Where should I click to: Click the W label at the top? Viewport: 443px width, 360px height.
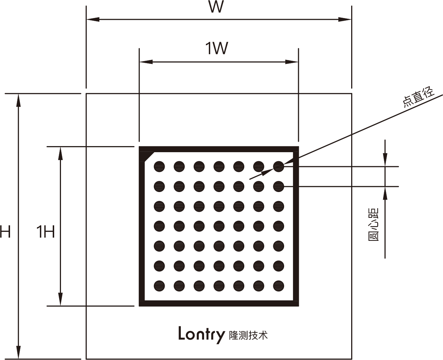217,6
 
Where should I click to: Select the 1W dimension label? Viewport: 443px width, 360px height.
217,48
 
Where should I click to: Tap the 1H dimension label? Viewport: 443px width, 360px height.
46,233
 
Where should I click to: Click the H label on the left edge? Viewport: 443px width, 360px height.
5,232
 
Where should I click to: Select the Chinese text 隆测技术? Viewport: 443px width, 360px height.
248,336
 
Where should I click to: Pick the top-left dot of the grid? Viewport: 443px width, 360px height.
159,167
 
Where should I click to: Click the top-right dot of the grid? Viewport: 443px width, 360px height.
278,167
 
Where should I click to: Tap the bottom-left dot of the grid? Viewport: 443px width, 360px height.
159,286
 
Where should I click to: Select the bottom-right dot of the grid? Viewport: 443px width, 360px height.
278,286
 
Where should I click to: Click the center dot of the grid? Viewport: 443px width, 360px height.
219,226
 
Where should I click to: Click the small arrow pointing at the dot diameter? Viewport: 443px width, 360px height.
264,173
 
